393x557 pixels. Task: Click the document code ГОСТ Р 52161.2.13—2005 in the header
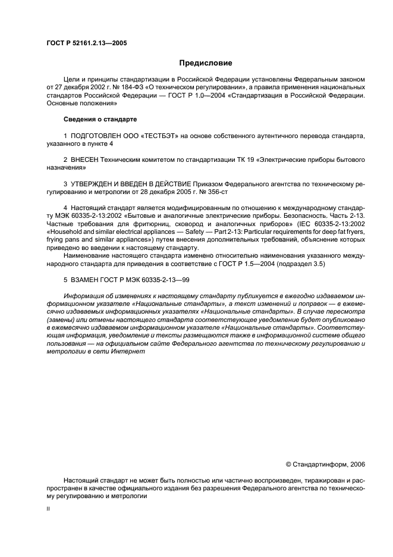point(86,43)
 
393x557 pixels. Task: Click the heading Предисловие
point(206,63)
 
